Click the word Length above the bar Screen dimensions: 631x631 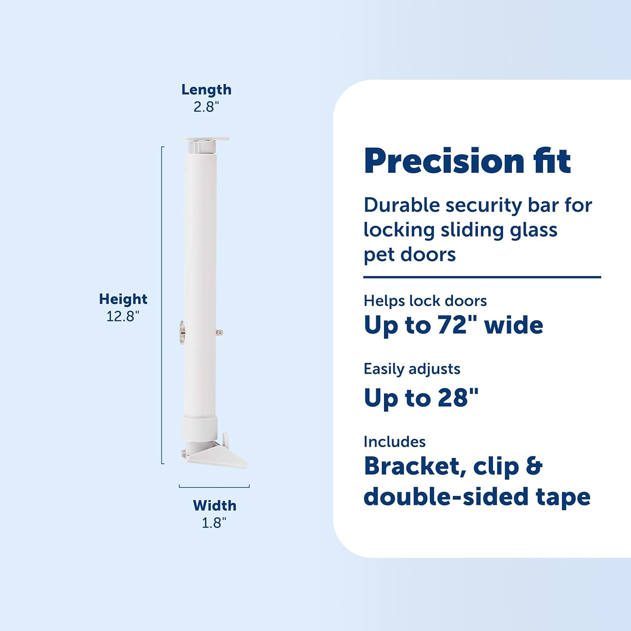tap(206, 90)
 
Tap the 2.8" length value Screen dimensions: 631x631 tap(206, 107)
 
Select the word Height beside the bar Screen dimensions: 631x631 tap(123, 299)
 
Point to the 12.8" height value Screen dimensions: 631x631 tap(122, 316)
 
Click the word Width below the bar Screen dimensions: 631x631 tap(215, 505)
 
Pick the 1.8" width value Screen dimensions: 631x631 tap(214, 523)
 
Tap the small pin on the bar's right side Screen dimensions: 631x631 tap(219, 333)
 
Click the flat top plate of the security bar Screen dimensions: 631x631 tap(206, 139)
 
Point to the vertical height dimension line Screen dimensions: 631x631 tap(162, 305)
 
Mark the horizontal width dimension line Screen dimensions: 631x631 tap(214, 487)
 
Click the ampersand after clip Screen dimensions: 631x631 tap(534, 466)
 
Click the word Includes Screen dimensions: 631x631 tap(395, 442)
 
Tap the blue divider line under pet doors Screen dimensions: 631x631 tap(482, 277)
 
